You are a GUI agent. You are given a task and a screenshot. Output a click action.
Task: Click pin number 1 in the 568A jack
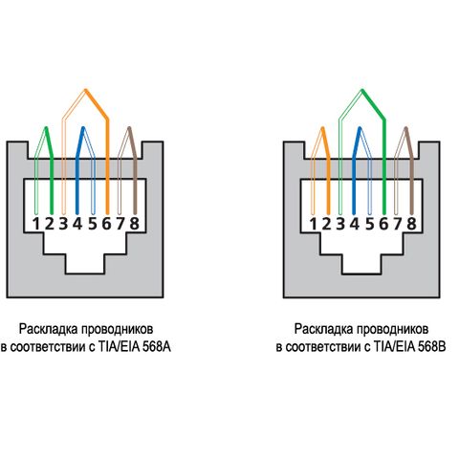click(x=36, y=224)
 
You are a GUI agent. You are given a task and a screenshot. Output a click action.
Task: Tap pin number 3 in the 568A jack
click(x=63, y=224)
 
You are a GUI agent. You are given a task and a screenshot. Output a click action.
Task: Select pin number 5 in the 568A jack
click(x=92, y=224)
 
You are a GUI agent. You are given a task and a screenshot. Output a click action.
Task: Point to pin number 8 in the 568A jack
click(x=135, y=224)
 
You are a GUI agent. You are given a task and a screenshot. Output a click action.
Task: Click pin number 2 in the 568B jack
click(x=326, y=224)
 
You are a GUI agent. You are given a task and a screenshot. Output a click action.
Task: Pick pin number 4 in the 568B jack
click(x=354, y=224)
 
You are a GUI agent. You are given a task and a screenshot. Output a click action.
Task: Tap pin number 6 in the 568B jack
click(x=383, y=224)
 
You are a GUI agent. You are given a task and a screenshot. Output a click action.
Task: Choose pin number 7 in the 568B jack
click(x=398, y=224)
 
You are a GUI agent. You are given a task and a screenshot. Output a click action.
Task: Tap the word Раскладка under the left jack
click(x=49, y=329)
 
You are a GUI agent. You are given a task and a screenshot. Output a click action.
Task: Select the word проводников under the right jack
click(x=392, y=329)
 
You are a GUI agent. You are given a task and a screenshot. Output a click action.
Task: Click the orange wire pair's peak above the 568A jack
click(x=85, y=90)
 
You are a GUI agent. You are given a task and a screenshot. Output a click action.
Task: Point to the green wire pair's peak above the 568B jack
click(x=361, y=90)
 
